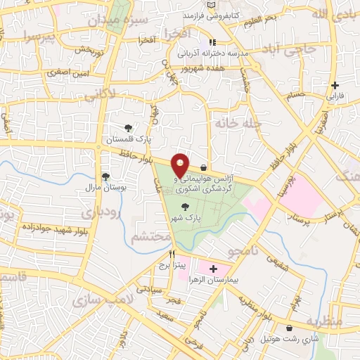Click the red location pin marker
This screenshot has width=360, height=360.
pyautogui.click(x=181, y=165)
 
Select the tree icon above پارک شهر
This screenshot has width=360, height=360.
pyautogui.click(x=185, y=207)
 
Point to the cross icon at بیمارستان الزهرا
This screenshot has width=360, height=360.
pyautogui.click(x=214, y=269)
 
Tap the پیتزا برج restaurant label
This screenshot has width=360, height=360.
pyautogui.click(x=171, y=265)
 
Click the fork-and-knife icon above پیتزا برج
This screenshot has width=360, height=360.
pyautogui.click(x=171, y=254)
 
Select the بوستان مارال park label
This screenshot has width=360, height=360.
pyautogui.click(x=105, y=188)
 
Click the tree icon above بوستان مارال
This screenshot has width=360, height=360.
pyautogui.click(x=105, y=176)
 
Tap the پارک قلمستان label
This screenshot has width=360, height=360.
pyautogui.click(x=128, y=139)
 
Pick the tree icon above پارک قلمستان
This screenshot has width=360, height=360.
pyautogui.click(x=128, y=127)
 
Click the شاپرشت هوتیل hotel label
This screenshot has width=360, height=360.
pyautogui.click(x=290, y=339)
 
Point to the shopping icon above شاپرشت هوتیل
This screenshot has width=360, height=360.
pyautogui.click(x=290, y=328)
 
